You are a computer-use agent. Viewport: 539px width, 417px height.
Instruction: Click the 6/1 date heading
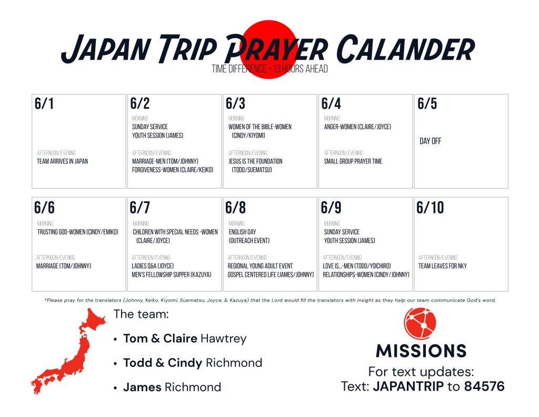click(x=44, y=104)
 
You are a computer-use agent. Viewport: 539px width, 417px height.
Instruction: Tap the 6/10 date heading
click(x=430, y=208)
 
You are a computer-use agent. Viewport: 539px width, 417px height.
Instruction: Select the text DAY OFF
click(x=431, y=141)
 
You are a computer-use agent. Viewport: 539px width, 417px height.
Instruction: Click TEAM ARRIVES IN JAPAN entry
click(x=62, y=161)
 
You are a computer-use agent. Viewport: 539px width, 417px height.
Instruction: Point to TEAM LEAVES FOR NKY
click(x=442, y=266)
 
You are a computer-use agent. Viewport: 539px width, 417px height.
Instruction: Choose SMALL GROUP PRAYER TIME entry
click(x=353, y=161)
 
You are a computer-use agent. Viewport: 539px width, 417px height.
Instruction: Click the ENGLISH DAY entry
click(x=242, y=232)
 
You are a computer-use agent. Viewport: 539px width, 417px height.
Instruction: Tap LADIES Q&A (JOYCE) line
click(x=153, y=266)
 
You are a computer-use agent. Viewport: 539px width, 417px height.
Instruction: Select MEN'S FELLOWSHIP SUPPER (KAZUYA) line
click(x=172, y=275)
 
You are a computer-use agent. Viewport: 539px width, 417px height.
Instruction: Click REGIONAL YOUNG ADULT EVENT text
click(x=260, y=266)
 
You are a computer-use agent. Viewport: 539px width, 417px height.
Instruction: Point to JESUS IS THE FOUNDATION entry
click(x=255, y=161)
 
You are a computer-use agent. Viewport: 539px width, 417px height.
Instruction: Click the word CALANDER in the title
click(x=406, y=49)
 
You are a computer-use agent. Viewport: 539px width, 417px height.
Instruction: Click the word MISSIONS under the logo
click(x=421, y=351)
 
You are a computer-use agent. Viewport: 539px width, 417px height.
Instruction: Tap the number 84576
click(x=484, y=386)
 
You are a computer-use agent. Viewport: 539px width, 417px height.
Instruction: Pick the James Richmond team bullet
click(x=172, y=387)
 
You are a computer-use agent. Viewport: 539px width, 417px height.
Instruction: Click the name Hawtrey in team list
click(x=224, y=339)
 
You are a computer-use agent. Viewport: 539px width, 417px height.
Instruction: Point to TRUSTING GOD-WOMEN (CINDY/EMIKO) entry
click(x=78, y=232)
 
